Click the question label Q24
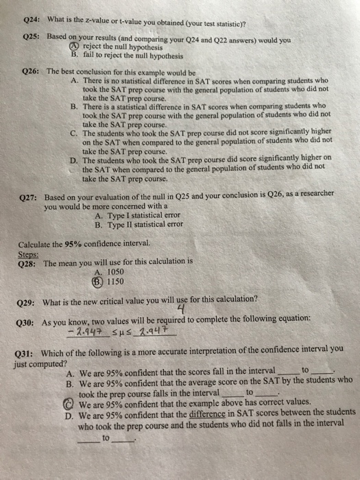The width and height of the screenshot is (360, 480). pos(32,19)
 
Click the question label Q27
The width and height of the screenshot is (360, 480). pos(32,197)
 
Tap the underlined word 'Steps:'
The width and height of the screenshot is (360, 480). pos(27,254)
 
